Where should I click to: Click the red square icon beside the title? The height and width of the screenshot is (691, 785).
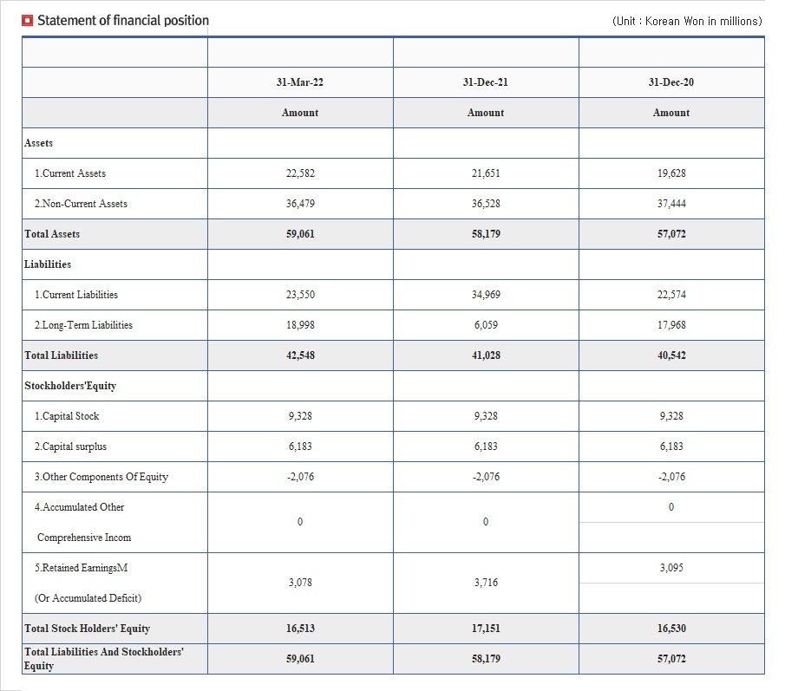coord(28,21)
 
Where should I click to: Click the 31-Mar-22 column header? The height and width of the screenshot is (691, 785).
coord(300,82)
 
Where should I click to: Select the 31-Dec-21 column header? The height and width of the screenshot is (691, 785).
coord(485,82)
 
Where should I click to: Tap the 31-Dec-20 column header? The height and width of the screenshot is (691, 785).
coord(671,82)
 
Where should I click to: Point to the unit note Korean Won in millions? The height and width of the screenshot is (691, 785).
coord(687,21)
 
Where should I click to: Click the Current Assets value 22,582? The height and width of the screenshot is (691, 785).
coord(300,173)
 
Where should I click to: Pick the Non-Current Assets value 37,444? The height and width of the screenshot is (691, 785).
coord(671,204)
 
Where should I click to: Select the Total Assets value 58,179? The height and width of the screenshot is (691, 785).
coord(486,234)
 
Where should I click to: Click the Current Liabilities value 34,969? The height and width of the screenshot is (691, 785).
coord(486,295)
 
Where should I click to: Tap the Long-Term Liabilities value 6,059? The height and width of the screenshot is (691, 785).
coord(486,325)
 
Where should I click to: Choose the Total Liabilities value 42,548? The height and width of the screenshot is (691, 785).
coord(300,355)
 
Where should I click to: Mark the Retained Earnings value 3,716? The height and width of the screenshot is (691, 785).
coord(486,583)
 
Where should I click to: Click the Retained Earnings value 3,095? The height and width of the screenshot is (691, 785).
coord(671,568)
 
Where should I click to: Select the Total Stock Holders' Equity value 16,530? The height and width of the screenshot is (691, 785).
coord(671,629)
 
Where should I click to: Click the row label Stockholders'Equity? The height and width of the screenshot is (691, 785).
coord(70,386)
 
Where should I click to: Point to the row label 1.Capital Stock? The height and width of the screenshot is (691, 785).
coord(67,416)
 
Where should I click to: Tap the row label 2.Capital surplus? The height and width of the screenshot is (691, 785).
coord(70,447)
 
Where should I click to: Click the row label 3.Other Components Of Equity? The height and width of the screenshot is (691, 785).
coord(101,477)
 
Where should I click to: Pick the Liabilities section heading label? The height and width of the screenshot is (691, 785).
coord(48,264)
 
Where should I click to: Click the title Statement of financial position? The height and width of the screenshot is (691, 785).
coord(123,21)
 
